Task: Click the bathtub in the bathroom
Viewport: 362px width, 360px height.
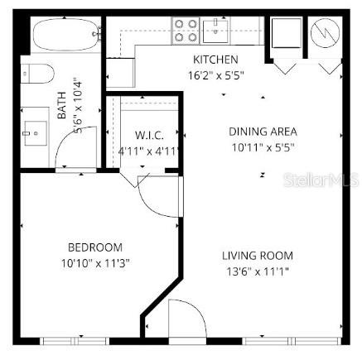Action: coord(65,37)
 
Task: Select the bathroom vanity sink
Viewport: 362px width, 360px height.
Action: coord(36,130)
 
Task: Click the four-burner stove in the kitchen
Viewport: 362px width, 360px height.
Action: coord(186,31)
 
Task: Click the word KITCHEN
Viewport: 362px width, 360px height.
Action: coord(215,60)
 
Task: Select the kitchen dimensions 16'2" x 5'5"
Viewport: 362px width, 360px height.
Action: coord(215,74)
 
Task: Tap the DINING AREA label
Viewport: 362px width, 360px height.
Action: coord(263,132)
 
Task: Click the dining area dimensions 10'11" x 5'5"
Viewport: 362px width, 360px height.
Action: coord(263,147)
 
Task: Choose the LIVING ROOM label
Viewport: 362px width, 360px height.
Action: coord(257,256)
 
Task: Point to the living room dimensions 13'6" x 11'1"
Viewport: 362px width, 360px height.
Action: coord(257,271)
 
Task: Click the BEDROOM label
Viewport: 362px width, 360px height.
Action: coord(94,247)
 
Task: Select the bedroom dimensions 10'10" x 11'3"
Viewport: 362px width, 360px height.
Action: coord(94,262)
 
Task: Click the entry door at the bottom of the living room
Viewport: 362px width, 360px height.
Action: coord(183,321)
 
